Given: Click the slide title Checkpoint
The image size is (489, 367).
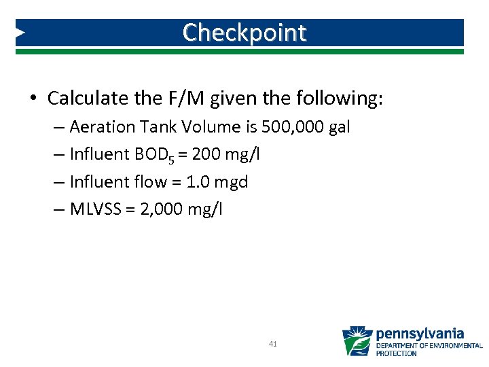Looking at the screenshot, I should point(244,32).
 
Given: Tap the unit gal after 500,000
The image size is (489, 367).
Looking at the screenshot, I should point(338,127).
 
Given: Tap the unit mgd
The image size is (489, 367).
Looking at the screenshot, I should point(232,182).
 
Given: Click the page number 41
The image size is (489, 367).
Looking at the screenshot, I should point(273,345).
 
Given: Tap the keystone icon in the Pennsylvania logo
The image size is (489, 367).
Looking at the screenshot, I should point(357,341).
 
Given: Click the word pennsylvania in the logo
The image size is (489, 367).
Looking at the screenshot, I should point(420,334).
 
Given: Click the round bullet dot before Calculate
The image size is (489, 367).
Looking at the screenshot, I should point(33,99).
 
